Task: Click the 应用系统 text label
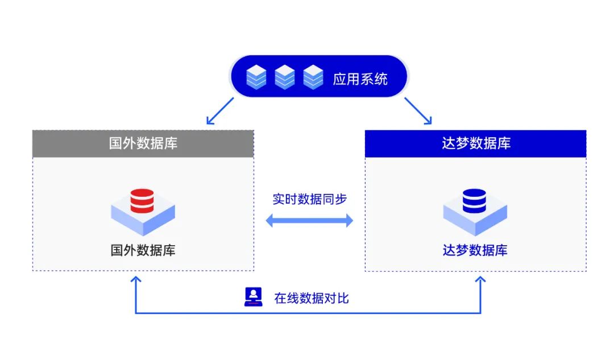pos(360,78)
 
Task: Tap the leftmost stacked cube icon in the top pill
pos(256,77)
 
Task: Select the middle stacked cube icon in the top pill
pos(284,77)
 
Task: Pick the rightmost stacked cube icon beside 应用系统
pos(313,77)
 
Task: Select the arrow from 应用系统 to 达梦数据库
pos(418,111)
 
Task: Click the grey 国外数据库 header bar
pos(143,143)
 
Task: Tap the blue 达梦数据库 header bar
pos(475,143)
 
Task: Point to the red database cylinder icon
pos(142,201)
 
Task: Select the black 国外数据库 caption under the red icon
pos(143,250)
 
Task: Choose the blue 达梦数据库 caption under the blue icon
pos(475,250)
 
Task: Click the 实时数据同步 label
pos(309,199)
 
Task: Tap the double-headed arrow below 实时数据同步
pos(309,221)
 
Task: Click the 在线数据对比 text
pos(311,297)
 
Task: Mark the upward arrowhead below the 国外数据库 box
pos(135,280)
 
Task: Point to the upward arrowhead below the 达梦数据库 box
pos(480,280)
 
